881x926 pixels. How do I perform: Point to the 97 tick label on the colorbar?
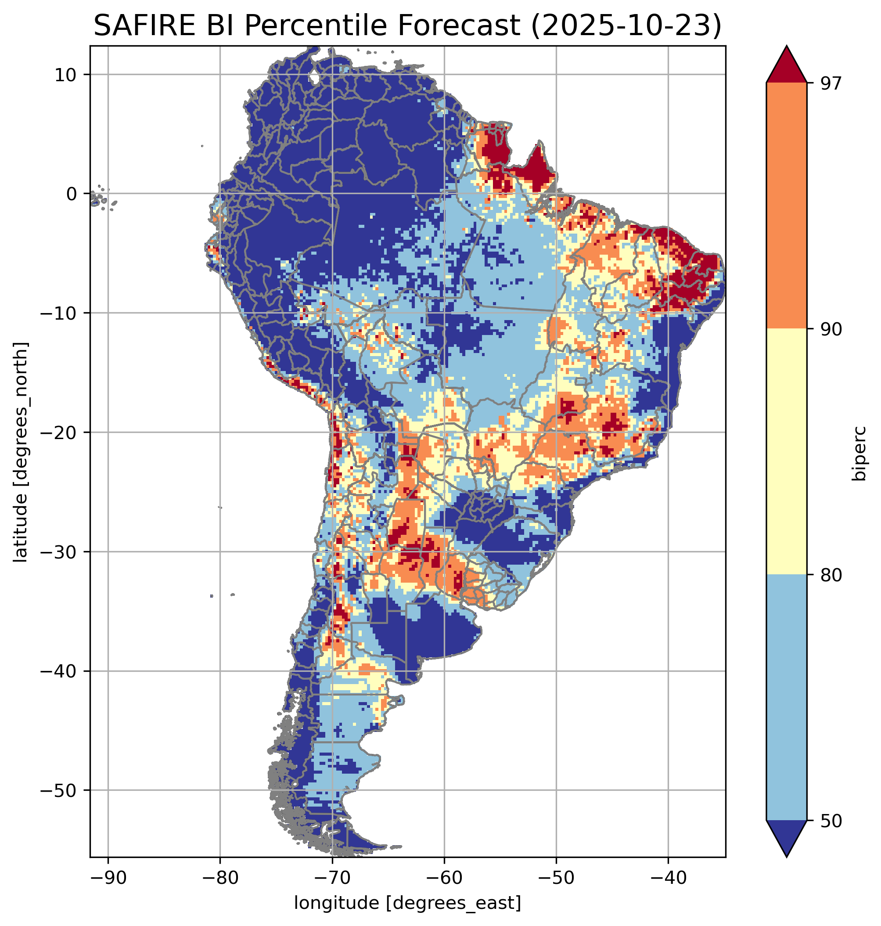click(x=831, y=83)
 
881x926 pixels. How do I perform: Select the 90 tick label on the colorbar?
click(x=831, y=329)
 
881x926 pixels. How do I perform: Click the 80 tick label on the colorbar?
click(x=831, y=575)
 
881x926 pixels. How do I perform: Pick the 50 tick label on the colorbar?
click(x=831, y=821)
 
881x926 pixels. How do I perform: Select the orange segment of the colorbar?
click(x=786, y=206)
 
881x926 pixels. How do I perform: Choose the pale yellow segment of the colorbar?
click(x=786, y=451)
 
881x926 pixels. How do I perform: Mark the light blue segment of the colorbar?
click(x=786, y=698)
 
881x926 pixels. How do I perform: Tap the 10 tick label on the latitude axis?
click(x=66, y=75)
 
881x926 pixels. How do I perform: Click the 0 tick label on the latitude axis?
click(x=72, y=194)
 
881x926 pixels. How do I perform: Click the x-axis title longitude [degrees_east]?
click(x=407, y=902)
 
